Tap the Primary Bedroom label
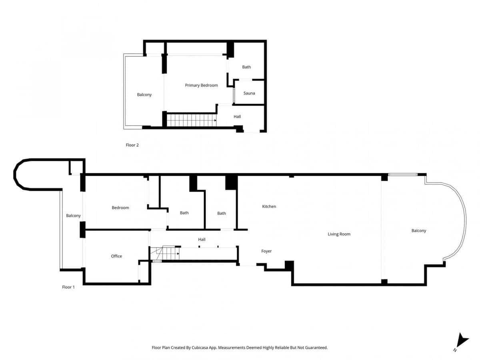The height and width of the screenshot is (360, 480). pyautogui.click(x=201, y=85)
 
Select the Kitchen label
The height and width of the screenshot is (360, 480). pyautogui.click(x=269, y=206)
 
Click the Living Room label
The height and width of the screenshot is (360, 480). pyautogui.click(x=339, y=234)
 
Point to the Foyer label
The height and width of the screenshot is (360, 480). pyautogui.click(x=266, y=251)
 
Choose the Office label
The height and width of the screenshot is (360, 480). pyautogui.click(x=116, y=256)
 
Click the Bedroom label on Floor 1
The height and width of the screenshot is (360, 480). pyautogui.click(x=120, y=208)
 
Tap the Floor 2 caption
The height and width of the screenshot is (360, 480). pyautogui.click(x=132, y=145)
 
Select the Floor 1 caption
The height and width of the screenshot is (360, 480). pyautogui.click(x=68, y=287)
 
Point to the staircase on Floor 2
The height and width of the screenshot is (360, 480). pyautogui.click(x=191, y=120)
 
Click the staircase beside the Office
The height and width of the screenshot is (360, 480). pyautogui.click(x=164, y=254)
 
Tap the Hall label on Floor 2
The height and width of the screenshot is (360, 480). pyautogui.click(x=237, y=116)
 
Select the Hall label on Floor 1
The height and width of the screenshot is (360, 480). pyautogui.click(x=202, y=239)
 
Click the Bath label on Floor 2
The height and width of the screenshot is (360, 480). pyautogui.click(x=246, y=67)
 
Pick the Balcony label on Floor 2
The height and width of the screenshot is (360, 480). pyautogui.click(x=144, y=95)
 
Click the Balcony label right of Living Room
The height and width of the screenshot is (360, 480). pyautogui.click(x=419, y=231)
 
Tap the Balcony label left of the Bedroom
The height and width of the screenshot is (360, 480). pyautogui.click(x=73, y=216)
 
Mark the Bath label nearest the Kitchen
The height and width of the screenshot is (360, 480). pyautogui.click(x=222, y=213)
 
